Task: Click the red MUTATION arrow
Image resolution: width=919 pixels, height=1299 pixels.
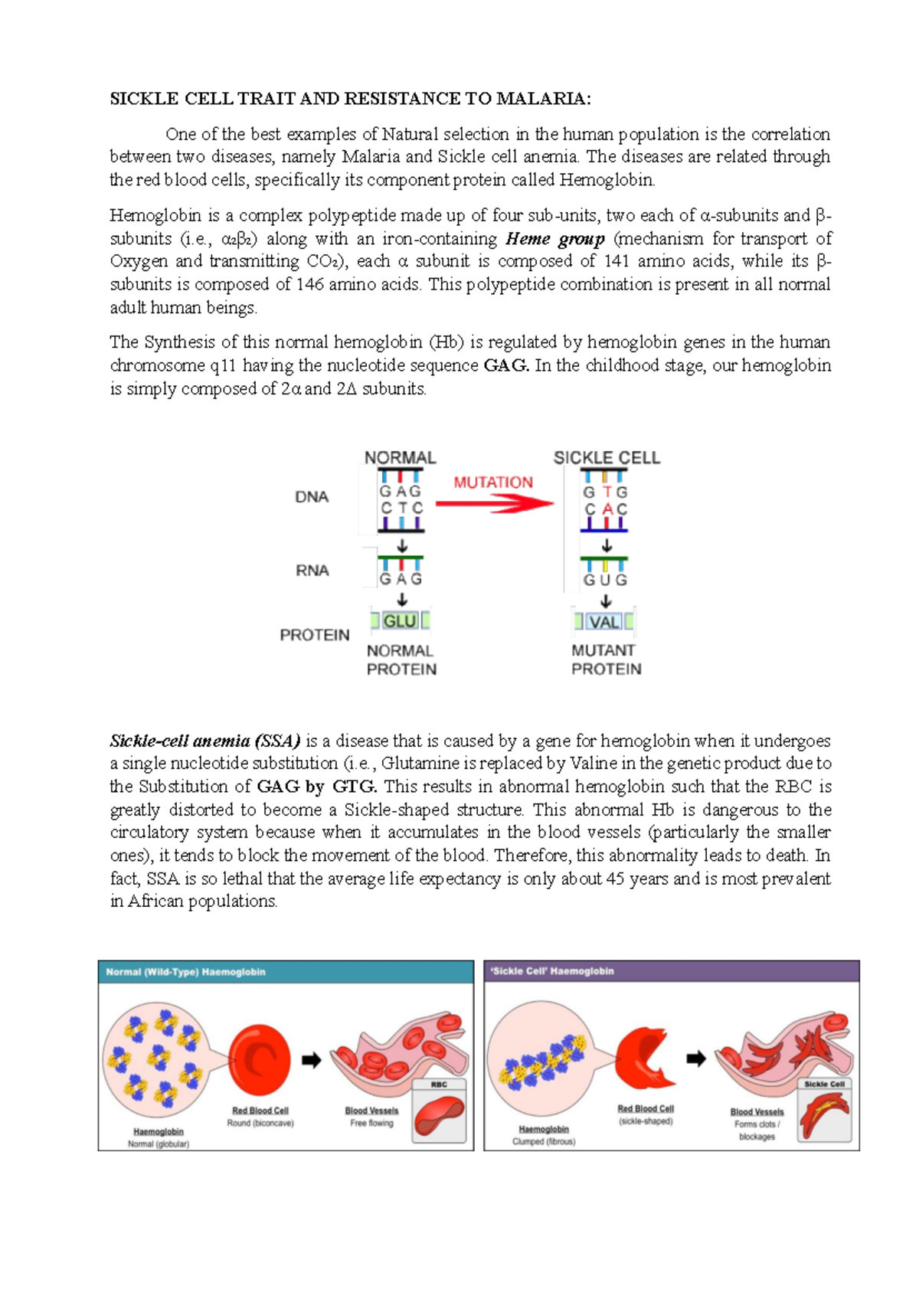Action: [x=495, y=503]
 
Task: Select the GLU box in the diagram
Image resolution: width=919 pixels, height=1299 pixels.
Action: [x=400, y=621]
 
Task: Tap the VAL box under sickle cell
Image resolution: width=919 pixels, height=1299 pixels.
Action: [x=604, y=622]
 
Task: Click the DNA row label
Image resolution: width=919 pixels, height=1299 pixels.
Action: [x=312, y=497]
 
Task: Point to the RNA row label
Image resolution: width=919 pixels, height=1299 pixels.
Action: [x=312, y=571]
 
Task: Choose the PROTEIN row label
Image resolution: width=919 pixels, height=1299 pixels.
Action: [x=315, y=635]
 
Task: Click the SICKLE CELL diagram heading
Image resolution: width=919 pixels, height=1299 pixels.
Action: [x=607, y=458]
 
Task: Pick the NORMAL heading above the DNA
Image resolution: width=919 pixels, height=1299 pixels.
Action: [x=400, y=458]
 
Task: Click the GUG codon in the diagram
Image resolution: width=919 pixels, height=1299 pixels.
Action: [x=605, y=580]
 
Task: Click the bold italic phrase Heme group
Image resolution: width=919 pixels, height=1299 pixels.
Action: [x=555, y=239]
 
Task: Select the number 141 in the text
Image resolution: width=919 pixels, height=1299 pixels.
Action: [x=616, y=261]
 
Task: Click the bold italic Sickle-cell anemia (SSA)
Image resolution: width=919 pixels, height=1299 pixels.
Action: [x=205, y=741]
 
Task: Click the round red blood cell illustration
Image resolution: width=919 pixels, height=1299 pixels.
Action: [x=260, y=1059]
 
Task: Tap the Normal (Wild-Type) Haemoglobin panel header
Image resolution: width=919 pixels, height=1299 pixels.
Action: [x=286, y=972]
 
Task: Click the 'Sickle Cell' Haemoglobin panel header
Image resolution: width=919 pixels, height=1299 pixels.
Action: [x=671, y=971]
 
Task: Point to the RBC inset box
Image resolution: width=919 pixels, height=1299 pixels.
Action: [x=439, y=1111]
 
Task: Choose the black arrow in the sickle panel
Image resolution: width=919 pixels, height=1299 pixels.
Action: [x=695, y=1059]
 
